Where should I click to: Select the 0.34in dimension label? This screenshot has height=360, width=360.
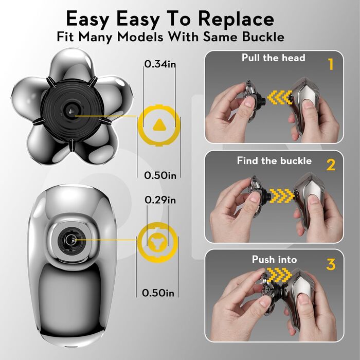(x=160, y=64)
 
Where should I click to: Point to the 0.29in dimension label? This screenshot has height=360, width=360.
(x=160, y=200)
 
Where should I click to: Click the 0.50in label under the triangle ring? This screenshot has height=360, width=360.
(x=160, y=175)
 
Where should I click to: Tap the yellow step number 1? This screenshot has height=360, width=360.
(x=331, y=64)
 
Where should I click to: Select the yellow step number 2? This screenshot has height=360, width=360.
(x=331, y=165)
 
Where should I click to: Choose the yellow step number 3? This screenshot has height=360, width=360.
(x=331, y=264)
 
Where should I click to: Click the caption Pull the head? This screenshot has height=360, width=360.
(x=274, y=58)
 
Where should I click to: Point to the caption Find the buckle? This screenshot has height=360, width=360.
(x=274, y=160)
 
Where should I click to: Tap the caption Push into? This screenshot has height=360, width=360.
(x=274, y=259)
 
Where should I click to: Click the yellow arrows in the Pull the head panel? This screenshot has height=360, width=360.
(x=280, y=98)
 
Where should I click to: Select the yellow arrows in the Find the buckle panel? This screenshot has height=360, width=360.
(x=281, y=196)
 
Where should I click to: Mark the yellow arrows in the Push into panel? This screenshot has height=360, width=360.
(x=279, y=275)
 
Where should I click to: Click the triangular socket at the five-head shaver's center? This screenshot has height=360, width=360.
(x=70, y=112)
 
